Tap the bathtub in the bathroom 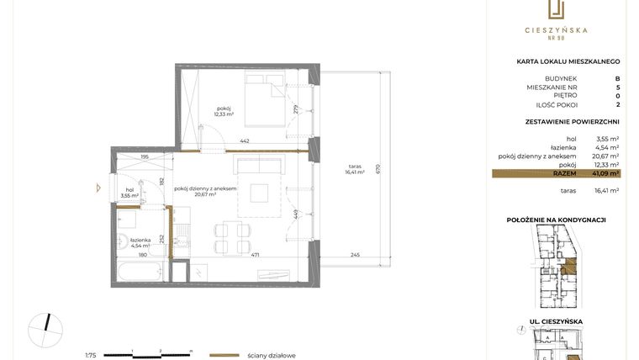(x=140, y=271)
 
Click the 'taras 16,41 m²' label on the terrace (x=354, y=171)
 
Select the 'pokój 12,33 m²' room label (x=224, y=110)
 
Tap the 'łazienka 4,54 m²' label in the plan (x=129, y=243)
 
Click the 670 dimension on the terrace (x=378, y=167)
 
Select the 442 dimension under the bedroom (x=245, y=140)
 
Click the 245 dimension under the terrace (x=355, y=255)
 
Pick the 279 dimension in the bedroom (x=296, y=109)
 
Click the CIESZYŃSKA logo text (x=557, y=30)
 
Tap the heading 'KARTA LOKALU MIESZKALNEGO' (x=568, y=61)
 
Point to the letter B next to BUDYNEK (x=617, y=78)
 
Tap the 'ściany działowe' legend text (x=271, y=355)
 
